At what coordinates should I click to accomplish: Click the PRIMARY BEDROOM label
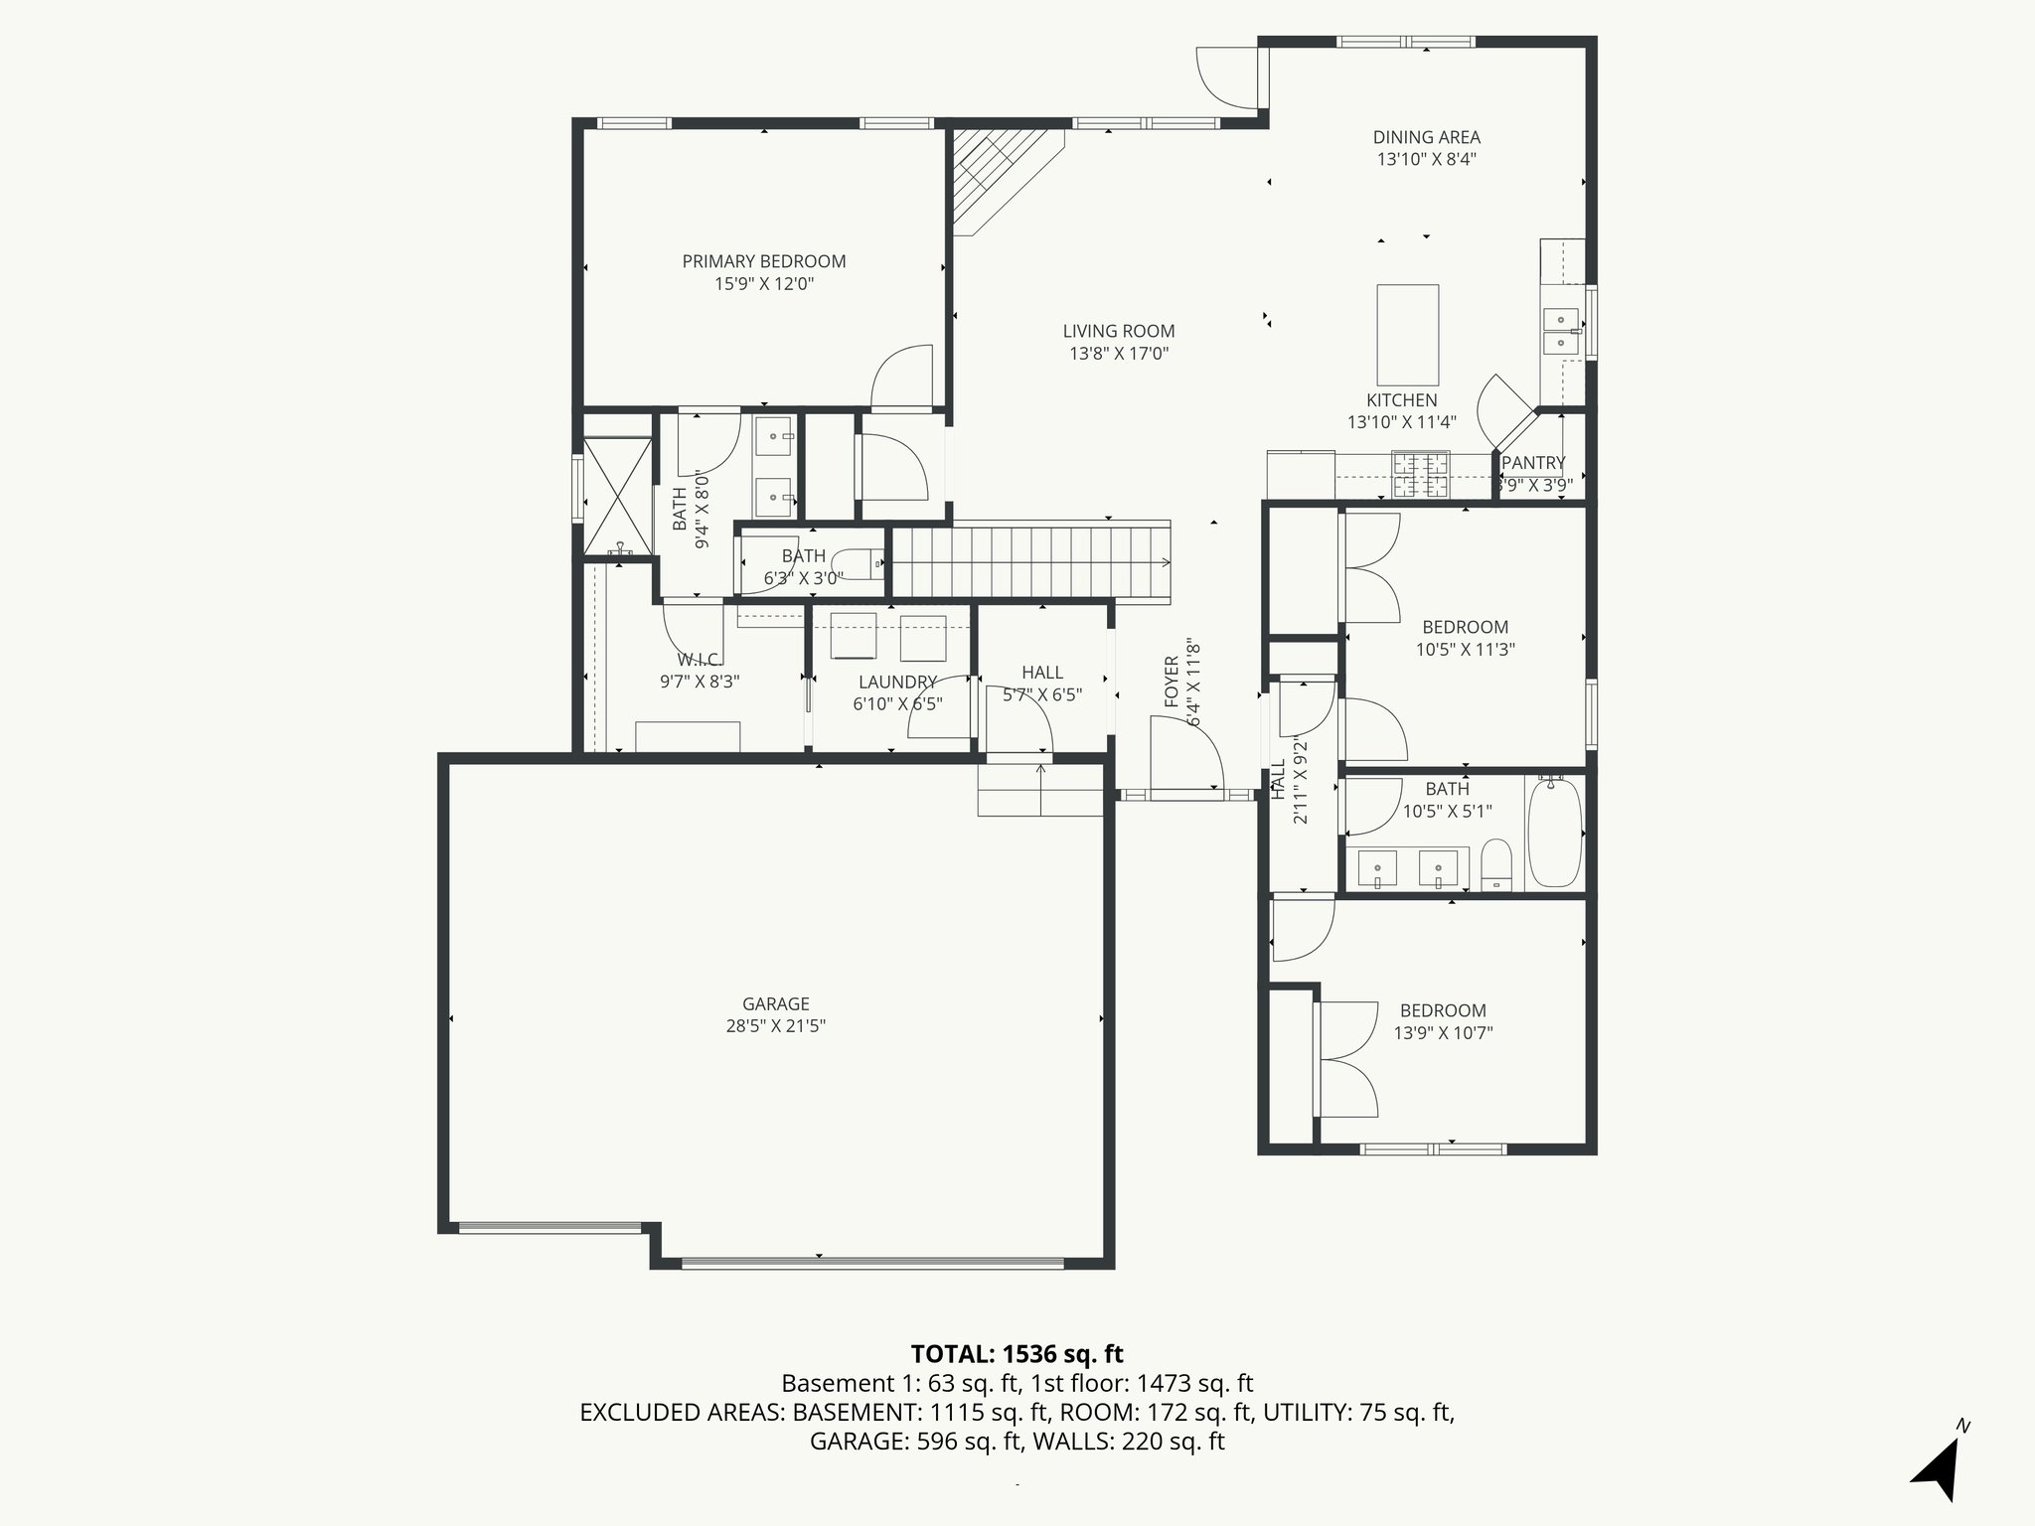[x=763, y=261]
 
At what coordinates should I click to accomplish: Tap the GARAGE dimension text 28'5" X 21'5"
[x=775, y=1026]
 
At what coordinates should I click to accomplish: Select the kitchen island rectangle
[x=1407, y=335]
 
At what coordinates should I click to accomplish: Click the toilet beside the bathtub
[x=1495, y=864]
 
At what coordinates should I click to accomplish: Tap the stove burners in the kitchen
[x=1421, y=474]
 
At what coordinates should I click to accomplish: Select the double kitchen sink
[x=1561, y=331]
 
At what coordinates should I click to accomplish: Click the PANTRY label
[x=1533, y=463]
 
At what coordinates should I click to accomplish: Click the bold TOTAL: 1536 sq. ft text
[x=1017, y=1354]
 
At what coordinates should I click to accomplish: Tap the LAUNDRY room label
[x=897, y=683]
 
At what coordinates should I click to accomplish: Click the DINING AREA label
[x=1426, y=137]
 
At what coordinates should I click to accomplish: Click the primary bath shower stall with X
[x=617, y=495]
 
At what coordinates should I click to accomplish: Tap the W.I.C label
[x=699, y=660]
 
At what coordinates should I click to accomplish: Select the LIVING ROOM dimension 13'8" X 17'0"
[x=1118, y=354]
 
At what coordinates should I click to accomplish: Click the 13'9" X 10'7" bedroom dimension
[x=1443, y=1033]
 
